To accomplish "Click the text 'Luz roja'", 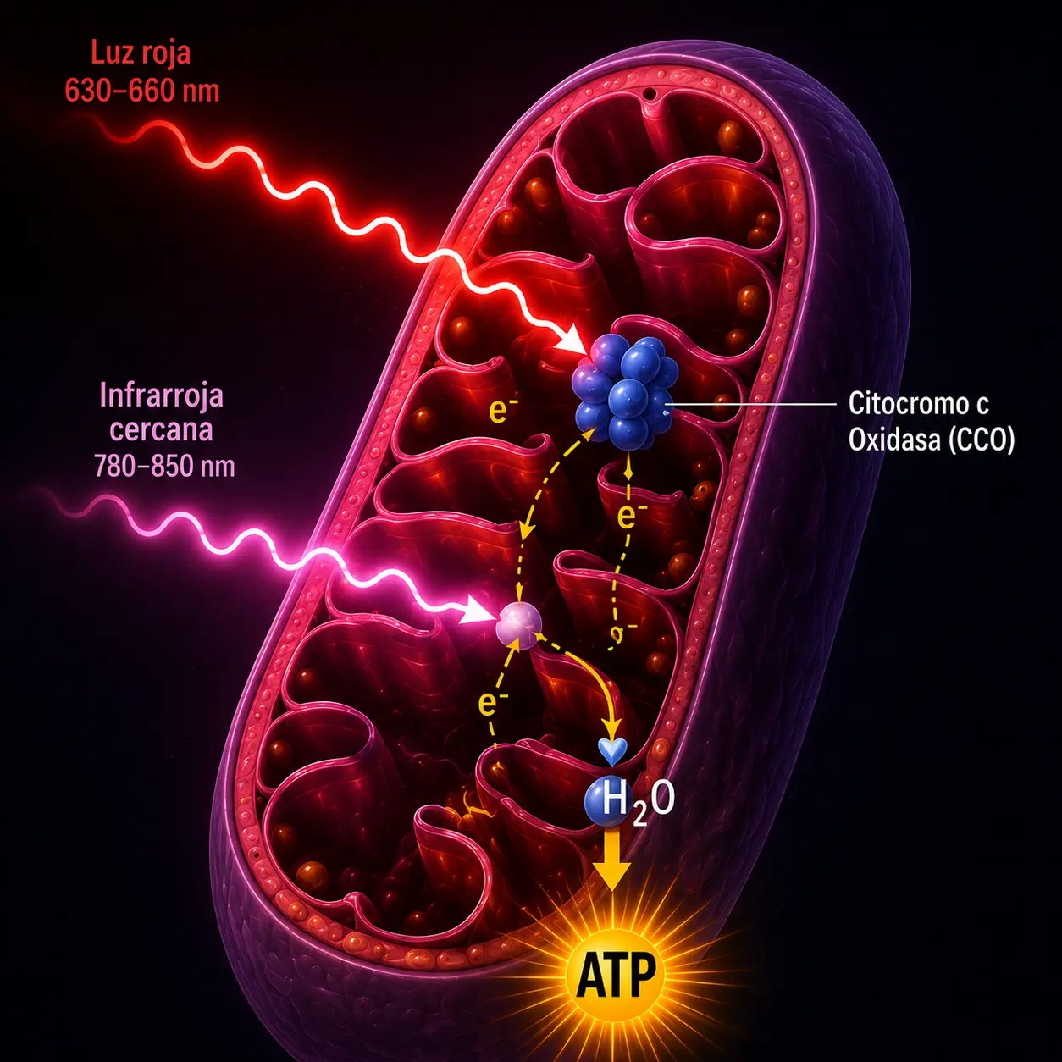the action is coord(141,54).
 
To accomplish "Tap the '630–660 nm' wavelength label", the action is coord(142,91).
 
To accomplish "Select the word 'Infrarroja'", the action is coord(162,395).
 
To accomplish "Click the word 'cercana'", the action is coord(161,430).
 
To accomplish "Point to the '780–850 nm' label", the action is coord(164,466).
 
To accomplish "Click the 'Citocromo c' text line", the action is coord(919,403).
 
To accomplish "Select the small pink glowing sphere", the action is coord(519,625).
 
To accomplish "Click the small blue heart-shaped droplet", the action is coord(613,751).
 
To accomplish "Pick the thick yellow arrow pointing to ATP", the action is coord(611,859).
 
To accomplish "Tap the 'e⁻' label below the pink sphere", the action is coord(493,703).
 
